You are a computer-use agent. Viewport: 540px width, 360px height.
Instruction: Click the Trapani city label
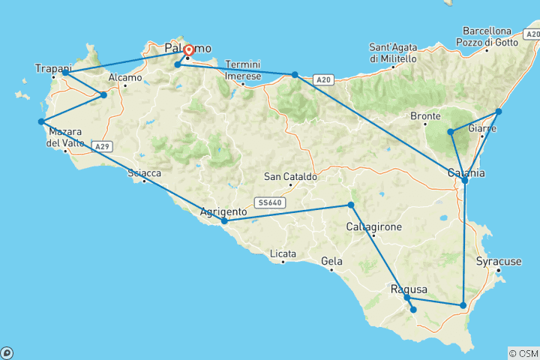52,69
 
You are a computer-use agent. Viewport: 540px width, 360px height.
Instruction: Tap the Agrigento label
224,211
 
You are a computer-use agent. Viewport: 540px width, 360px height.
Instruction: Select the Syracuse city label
499,262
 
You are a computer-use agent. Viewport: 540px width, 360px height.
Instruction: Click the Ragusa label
409,289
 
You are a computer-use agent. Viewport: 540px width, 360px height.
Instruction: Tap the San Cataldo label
290,178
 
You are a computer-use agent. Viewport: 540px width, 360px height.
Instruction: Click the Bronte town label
426,116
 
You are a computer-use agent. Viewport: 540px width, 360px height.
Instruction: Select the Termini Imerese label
242,70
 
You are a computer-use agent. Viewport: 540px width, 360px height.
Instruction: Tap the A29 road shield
103,146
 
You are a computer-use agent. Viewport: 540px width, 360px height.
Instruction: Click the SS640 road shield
268,202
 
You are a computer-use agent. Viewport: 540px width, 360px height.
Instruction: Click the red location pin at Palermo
188,50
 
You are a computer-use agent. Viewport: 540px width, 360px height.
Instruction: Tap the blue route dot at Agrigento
224,221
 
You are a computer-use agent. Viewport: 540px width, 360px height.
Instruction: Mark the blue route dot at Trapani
66,73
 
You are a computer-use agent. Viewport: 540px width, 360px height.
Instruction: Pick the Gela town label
331,261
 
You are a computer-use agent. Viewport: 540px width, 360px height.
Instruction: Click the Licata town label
283,253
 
